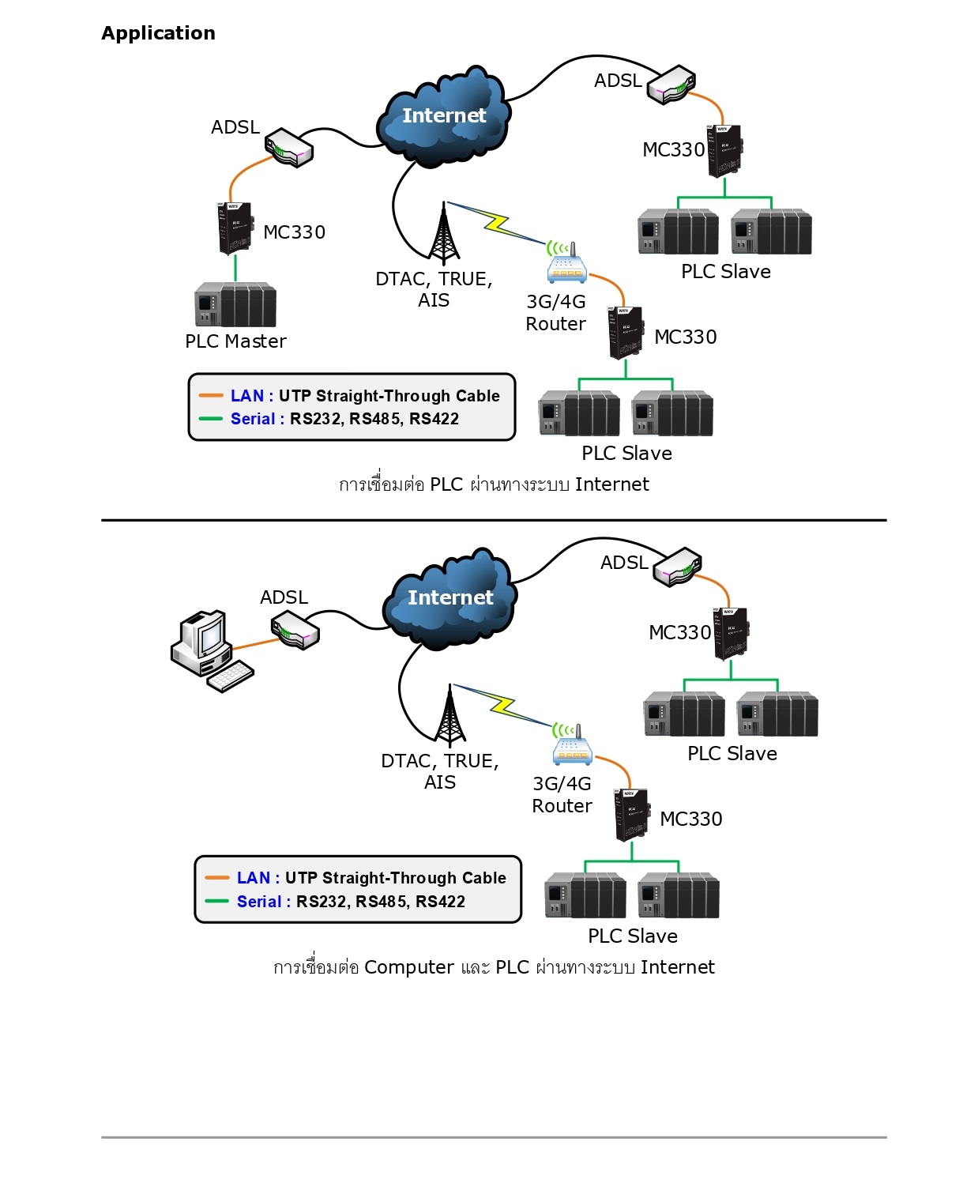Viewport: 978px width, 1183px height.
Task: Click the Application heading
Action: coord(158,33)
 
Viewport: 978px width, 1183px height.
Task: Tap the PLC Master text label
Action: coord(235,341)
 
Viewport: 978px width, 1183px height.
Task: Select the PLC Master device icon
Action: coord(235,305)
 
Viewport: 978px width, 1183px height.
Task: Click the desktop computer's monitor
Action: coord(204,635)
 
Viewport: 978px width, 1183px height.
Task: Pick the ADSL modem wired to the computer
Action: coord(295,632)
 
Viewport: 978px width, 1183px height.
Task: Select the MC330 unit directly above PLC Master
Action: coord(235,228)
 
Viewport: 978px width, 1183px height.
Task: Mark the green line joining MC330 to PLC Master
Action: coord(235,268)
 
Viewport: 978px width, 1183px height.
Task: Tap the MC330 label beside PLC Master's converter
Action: coord(294,232)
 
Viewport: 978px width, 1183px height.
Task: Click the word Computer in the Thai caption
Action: coord(409,967)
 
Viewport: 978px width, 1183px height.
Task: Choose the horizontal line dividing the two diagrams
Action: coord(494,520)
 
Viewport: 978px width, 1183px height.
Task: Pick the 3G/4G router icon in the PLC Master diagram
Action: coord(566,264)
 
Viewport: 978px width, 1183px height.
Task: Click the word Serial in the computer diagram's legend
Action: coord(259,902)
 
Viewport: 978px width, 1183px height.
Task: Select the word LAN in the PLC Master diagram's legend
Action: coord(246,396)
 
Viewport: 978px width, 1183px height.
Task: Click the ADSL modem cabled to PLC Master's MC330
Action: coord(289,149)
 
